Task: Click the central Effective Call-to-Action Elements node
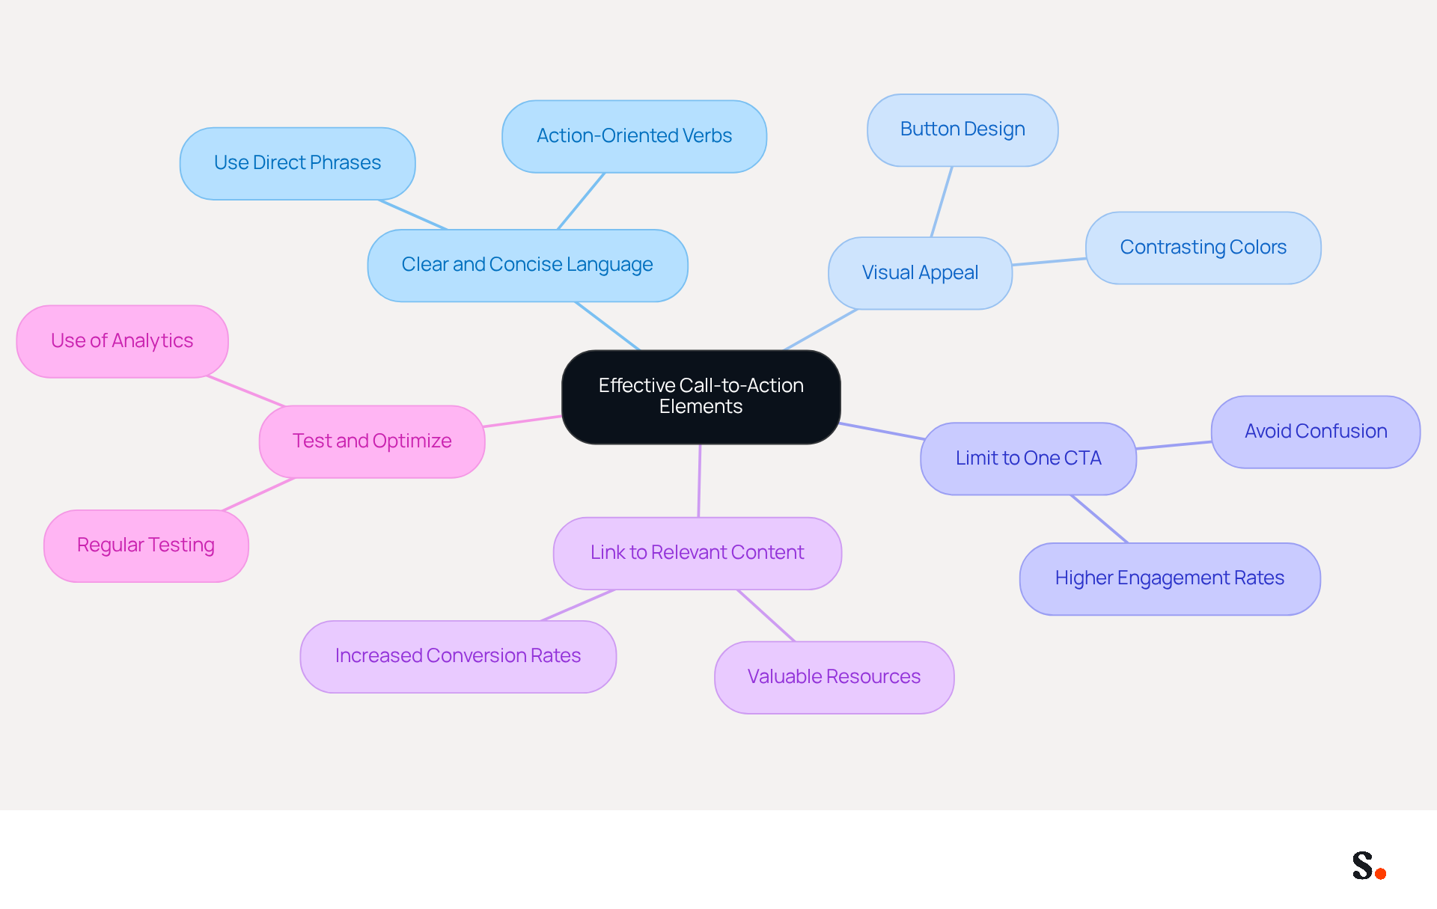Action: click(701, 397)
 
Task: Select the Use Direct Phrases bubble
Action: click(298, 163)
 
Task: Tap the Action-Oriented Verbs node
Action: click(635, 136)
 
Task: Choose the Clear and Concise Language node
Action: click(528, 265)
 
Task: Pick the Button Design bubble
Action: click(962, 129)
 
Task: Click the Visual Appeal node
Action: click(921, 273)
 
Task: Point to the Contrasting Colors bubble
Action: click(1203, 248)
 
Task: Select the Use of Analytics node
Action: click(122, 341)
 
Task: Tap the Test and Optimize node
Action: click(372, 441)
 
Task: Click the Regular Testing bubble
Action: click(146, 545)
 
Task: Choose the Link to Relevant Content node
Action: click(698, 553)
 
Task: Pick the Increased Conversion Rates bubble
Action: click(458, 656)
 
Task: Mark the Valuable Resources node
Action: click(835, 677)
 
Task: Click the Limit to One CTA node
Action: click(1028, 459)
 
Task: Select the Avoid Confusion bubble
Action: click(1316, 432)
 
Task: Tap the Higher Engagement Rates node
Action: click(1170, 578)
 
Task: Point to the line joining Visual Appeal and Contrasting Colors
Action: click(1049, 262)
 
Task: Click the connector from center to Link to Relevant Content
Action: click(700, 480)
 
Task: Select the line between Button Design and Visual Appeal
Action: click(942, 202)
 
